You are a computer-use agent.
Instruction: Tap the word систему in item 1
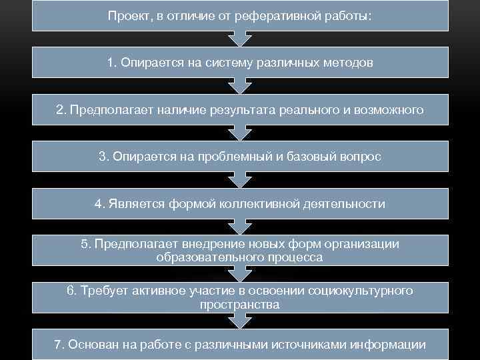coord(234,63)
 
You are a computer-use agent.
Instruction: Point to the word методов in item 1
coord(350,63)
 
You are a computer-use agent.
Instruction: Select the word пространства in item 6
coord(240,304)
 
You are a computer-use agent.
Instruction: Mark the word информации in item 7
coord(391,345)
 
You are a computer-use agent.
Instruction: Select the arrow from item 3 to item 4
coord(240,179)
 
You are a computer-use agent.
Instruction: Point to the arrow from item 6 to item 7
coord(240,321)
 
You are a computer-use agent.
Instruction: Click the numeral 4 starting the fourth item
coord(98,203)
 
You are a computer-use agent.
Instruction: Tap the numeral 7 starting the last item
coord(58,345)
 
